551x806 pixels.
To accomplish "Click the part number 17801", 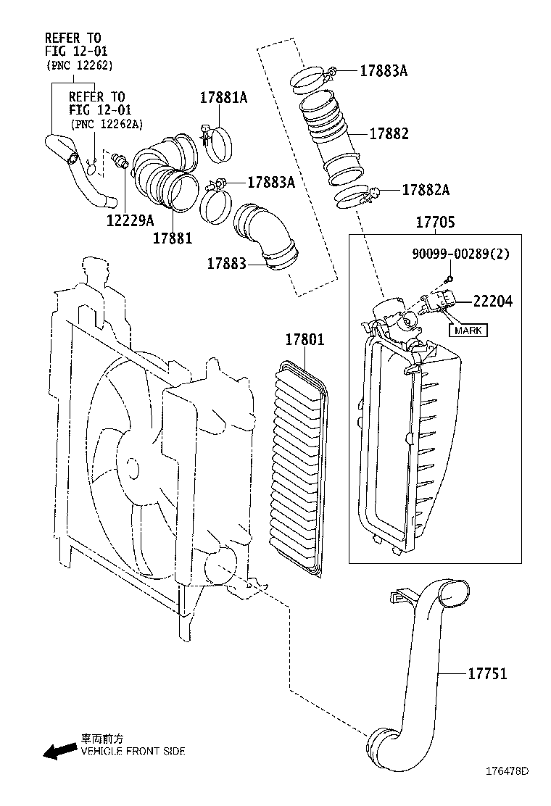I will coord(304,339).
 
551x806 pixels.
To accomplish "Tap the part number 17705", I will coord(435,223).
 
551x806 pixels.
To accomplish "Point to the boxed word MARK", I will coord(468,331).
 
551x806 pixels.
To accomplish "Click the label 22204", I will coord(492,301).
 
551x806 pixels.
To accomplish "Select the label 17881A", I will coord(224,97).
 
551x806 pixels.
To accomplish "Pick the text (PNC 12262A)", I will coord(100,125).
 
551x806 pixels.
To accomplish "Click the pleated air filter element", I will coord(297,468).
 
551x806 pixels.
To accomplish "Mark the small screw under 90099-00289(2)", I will coord(449,278).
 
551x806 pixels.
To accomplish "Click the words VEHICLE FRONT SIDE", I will coord(133,751).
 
